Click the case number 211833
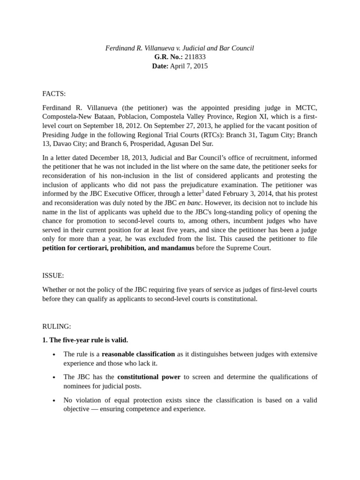195,57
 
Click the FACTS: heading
54,94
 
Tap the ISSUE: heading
53,276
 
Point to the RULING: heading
56,326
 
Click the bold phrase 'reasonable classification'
138,354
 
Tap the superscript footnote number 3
202,191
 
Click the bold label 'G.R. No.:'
168,57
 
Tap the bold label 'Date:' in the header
160,66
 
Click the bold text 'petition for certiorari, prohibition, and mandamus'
118,248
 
